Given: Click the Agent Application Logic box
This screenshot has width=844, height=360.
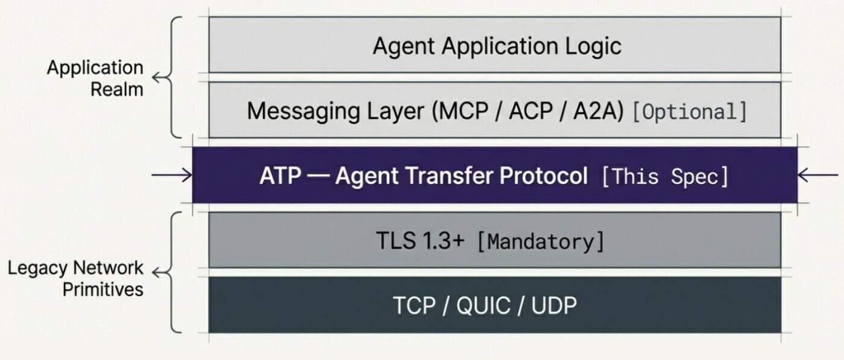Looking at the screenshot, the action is point(495,45).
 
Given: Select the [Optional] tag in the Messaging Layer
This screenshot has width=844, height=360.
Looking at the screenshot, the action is point(690,112).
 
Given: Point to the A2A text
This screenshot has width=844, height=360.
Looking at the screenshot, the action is point(598,111).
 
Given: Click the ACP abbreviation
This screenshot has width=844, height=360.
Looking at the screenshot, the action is point(531,111).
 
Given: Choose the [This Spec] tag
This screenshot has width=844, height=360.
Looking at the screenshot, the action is point(665,177).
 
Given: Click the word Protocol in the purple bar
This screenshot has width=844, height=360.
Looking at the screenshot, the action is point(543,175).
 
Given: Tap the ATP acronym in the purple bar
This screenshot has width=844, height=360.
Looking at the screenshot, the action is point(280,175).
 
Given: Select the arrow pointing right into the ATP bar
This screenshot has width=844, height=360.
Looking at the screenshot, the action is point(172,175).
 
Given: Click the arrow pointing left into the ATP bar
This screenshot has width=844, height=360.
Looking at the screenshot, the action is point(817,175).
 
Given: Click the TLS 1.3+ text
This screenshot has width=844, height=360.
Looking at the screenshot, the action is point(420,241).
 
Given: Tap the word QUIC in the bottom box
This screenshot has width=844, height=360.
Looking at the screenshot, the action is point(483,305).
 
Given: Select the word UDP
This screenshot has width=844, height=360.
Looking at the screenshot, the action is point(554,305).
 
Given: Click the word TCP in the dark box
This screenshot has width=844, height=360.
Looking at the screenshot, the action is point(415,305).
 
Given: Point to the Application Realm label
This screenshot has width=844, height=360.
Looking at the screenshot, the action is point(95,78).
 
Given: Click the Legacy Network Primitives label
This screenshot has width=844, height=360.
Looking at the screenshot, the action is point(75,279).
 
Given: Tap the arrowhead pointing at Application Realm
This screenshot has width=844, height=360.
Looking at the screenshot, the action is point(156,78).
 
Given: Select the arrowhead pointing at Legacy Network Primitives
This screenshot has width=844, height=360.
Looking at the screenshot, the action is point(156,272).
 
